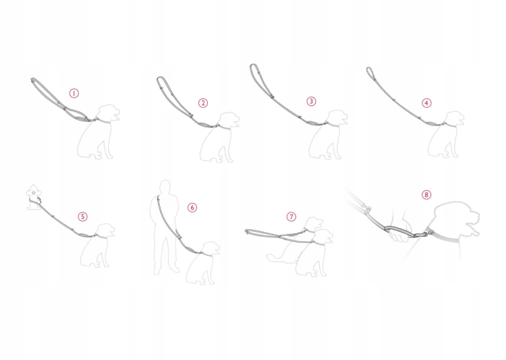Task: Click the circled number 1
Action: coord(74,93)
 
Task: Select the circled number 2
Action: coord(203,103)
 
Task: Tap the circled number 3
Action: coord(311,101)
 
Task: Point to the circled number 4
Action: coord(426,103)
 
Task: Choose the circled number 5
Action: coord(82,216)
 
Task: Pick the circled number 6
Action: coord(192,208)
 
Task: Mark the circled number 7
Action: coord(291,216)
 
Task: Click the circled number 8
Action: coord(426,195)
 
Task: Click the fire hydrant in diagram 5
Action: coord(34,197)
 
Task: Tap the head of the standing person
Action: coord(165,187)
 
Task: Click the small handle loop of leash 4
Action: coord(370,73)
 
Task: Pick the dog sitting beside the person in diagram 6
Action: coord(203,264)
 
